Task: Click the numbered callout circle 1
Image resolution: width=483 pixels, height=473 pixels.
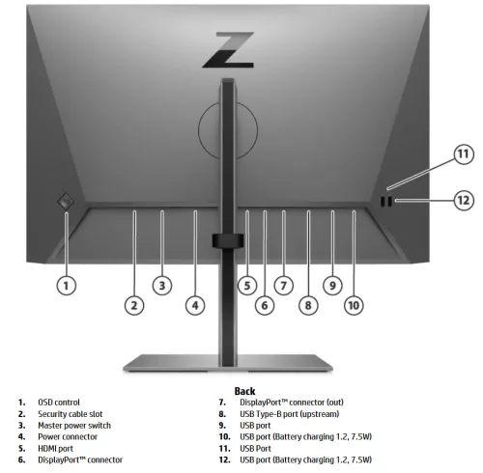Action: (x=67, y=285)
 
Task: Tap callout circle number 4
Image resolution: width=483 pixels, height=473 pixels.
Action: (x=195, y=305)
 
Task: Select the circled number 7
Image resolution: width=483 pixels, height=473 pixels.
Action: (x=283, y=285)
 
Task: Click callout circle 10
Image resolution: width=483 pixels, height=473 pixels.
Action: (x=354, y=305)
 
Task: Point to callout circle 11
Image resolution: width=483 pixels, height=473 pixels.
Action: (x=463, y=154)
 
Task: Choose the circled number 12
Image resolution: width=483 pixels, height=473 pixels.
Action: (x=463, y=200)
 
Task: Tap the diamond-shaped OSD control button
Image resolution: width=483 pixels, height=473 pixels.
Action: (x=66, y=201)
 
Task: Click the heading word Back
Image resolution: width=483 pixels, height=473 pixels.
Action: (x=244, y=390)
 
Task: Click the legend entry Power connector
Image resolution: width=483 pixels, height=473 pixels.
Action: (x=68, y=436)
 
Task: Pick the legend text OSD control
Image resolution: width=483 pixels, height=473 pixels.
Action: (x=59, y=402)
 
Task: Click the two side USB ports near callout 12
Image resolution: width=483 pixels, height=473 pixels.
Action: (x=386, y=202)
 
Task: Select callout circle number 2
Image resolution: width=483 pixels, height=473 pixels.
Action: (x=134, y=305)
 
